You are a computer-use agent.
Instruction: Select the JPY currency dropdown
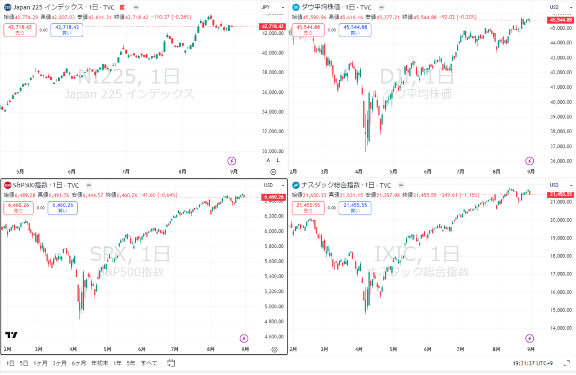click(266, 7)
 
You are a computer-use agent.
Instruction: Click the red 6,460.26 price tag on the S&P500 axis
click(273, 197)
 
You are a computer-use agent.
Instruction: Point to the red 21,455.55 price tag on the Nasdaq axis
click(561, 194)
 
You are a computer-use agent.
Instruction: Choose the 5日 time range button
click(24, 363)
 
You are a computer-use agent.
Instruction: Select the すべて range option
click(149, 363)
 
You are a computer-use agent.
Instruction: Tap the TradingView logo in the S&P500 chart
click(11, 335)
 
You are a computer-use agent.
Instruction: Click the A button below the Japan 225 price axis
click(268, 160)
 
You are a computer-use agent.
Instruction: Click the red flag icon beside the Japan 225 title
click(122, 7)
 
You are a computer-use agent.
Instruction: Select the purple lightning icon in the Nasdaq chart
click(529, 338)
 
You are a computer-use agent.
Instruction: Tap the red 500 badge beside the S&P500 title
click(7, 186)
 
